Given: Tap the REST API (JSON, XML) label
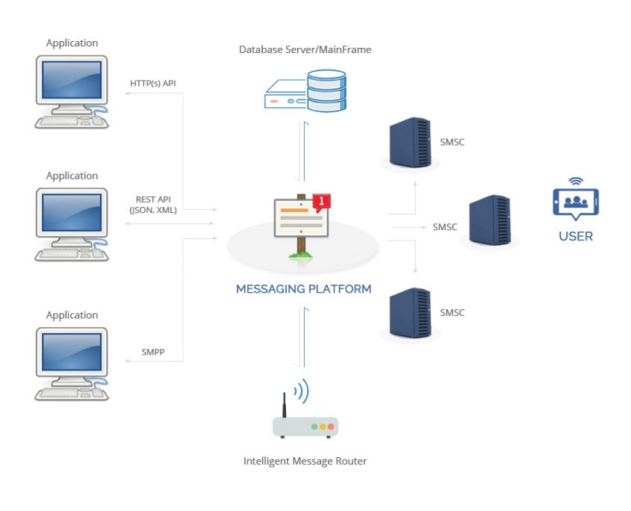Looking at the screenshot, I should (x=153, y=205).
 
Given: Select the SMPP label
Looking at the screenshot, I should (x=152, y=352).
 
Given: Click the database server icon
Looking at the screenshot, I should (x=306, y=90).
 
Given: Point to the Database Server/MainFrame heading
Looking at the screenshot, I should (x=305, y=50).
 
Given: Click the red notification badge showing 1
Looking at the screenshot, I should (x=321, y=200).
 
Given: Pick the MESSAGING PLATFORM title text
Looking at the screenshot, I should (x=303, y=289).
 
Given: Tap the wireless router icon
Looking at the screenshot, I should (x=305, y=422).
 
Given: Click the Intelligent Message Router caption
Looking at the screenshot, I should (x=305, y=461).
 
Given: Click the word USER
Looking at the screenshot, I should (x=576, y=236).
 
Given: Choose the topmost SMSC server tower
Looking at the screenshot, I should (x=410, y=142).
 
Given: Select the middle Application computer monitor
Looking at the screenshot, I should (x=71, y=214).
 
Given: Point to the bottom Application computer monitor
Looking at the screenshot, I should (x=71, y=353).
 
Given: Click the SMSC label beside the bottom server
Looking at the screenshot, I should (x=453, y=312).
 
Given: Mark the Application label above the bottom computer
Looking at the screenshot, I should (x=72, y=315).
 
